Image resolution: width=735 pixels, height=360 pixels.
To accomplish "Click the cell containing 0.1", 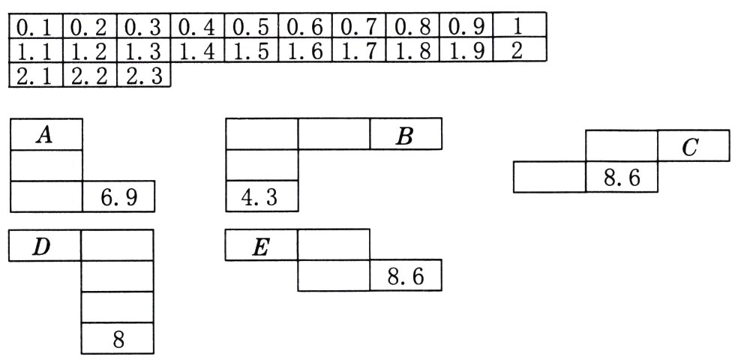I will [x=36, y=27].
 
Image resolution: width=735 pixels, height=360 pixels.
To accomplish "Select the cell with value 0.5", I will [x=250, y=27].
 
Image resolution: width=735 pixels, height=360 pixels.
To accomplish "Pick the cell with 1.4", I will [x=197, y=52].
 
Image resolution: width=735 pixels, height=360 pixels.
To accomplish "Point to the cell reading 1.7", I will [x=358, y=52].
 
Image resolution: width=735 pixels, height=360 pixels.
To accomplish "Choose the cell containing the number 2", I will [x=519, y=52].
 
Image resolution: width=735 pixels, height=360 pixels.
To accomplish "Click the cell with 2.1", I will [x=36, y=76].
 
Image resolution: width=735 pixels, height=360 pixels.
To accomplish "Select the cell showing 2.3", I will [x=143, y=76].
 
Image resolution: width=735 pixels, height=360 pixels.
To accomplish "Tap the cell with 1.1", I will [x=36, y=52].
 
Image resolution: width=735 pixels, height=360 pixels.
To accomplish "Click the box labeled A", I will [x=46, y=135].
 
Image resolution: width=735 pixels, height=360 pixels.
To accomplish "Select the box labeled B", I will [x=405, y=135].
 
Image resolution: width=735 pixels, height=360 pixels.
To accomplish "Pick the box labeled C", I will [x=694, y=147].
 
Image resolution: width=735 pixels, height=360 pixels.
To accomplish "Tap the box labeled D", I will [x=45, y=246].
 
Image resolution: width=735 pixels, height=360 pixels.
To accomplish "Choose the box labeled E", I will [x=261, y=246].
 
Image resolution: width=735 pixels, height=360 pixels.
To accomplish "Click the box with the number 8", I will [x=118, y=340].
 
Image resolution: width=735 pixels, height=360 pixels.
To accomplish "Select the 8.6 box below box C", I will [x=622, y=178].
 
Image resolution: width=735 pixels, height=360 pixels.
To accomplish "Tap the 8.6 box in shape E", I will [x=405, y=276].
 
